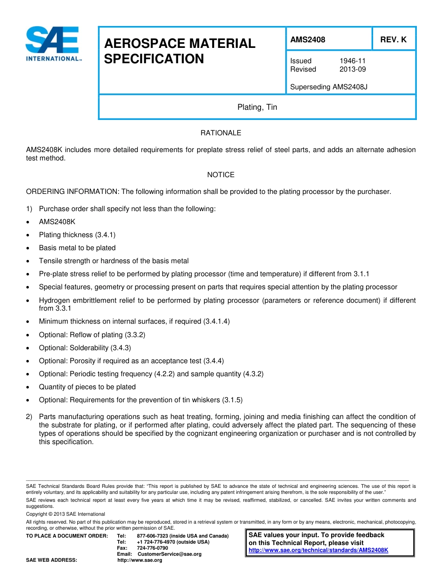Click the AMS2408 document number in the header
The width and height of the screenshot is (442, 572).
(x=308, y=40)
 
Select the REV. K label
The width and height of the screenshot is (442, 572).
(x=393, y=40)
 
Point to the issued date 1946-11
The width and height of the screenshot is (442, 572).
(x=352, y=61)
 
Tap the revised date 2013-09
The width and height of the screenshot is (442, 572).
(x=352, y=69)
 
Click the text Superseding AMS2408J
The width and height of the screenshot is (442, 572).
(x=328, y=87)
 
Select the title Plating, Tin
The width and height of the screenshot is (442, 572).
(x=257, y=107)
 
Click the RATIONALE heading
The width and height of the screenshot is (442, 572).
(x=221, y=133)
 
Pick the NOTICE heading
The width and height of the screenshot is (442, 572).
(x=221, y=175)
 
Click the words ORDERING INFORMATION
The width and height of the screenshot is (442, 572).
(x=72, y=192)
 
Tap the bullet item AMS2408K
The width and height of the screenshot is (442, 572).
(x=57, y=222)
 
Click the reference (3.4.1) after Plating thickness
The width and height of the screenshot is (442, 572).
(x=105, y=235)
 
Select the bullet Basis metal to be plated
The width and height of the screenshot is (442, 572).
(x=77, y=248)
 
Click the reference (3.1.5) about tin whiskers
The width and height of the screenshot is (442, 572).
(x=232, y=400)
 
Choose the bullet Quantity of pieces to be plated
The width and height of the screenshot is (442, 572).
(x=87, y=387)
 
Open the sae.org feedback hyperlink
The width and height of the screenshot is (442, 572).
(x=318, y=550)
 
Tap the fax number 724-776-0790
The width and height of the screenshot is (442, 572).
(x=152, y=548)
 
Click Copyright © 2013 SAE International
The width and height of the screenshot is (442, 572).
(x=66, y=514)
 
